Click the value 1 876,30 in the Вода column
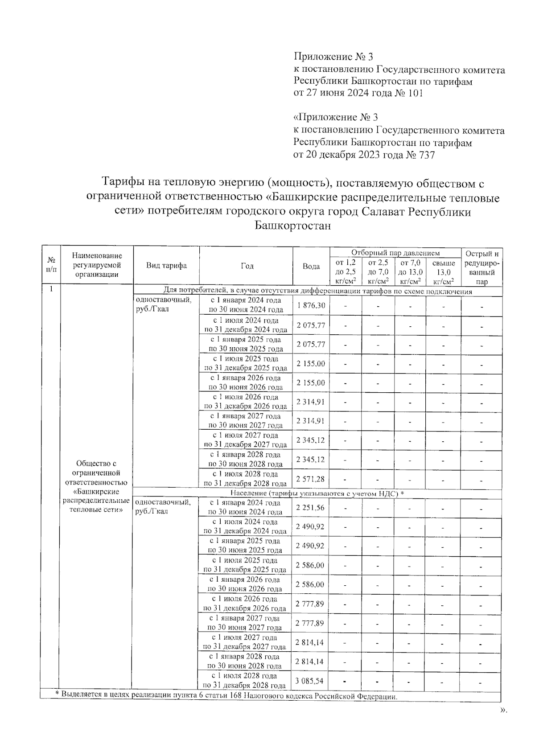(311, 306)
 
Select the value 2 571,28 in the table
(311, 479)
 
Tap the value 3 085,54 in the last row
(309, 681)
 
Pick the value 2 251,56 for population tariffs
(310, 508)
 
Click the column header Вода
(311, 266)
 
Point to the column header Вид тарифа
(166, 266)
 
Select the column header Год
(247, 266)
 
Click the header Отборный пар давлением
(395, 253)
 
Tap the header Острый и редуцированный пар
(482, 267)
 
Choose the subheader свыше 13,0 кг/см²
(444, 272)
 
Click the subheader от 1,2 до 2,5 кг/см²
(346, 272)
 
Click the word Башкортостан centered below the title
(293, 226)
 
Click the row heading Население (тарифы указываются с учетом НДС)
(317, 493)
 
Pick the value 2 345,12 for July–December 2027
(311, 440)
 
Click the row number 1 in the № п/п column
(51, 289)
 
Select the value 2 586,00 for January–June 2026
(310, 584)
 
